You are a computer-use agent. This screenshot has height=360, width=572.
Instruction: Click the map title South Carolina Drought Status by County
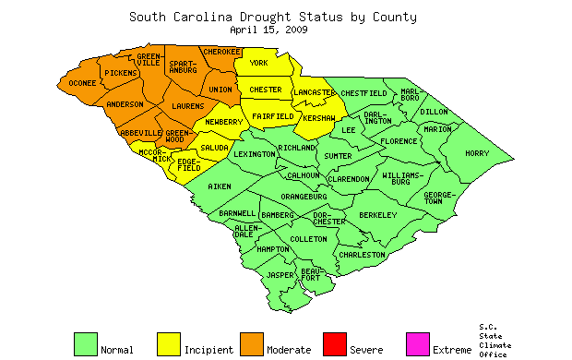pos(272,17)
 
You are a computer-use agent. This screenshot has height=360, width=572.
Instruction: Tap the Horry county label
pos(477,153)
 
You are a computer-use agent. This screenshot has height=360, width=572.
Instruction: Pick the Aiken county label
pos(220,186)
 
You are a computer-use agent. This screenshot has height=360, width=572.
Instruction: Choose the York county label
pos(258,63)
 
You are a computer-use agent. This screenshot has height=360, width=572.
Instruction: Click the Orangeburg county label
pos(304,196)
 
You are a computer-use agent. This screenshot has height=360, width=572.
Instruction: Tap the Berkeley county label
pos(377,214)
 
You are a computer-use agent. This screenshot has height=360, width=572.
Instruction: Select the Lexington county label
pos(255,155)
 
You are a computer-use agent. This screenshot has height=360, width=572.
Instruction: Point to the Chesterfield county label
pos(363,93)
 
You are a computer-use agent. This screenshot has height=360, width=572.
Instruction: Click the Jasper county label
pos(280,275)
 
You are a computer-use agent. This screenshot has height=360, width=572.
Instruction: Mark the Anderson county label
pos(125,104)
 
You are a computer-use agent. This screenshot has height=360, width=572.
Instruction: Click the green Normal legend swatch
pos(86,344)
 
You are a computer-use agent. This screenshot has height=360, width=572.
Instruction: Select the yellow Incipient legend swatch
pos(169,344)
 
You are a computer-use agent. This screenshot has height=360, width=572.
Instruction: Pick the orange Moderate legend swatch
pos(252,344)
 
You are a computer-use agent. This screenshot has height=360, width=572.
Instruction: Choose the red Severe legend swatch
pos(335,344)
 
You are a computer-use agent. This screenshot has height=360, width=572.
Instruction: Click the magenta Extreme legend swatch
pos(418,344)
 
